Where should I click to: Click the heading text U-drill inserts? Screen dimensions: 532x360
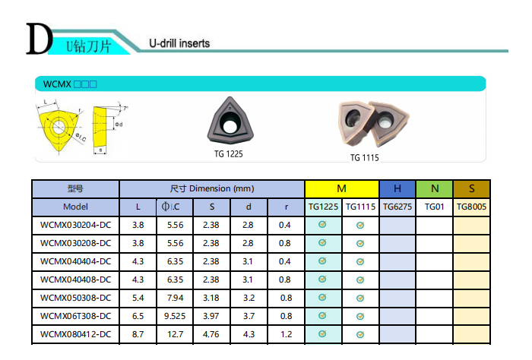pyautogui.click(x=179, y=43)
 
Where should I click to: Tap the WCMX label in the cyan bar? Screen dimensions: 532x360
pyautogui.click(x=57, y=84)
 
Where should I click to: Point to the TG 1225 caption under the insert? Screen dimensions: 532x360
pyautogui.click(x=229, y=154)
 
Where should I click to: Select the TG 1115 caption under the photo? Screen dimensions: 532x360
pyautogui.click(x=364, y=158)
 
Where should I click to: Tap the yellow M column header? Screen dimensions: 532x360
pyautogui.click(x=342, y=189)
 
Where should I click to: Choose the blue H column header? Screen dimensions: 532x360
pyautogui.click(x=397, y=189)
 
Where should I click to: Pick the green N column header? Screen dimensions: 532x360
pyautogui.click(x=435, y=189)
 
